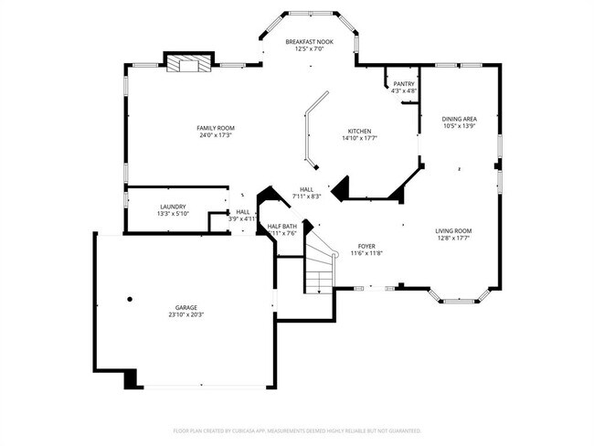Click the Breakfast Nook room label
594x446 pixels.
tap(309, 42)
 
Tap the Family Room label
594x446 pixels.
tap(217, 128)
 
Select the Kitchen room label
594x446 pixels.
tap(358, 132)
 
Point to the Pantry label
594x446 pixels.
tap(403, 84)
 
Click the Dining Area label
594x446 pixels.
tap(458, 119)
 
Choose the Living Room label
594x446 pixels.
tap(452, 231)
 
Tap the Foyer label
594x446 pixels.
tap(366, 246)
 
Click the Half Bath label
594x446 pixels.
tap(281, 226)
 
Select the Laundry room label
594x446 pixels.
tap(173, 207)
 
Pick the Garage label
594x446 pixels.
tap(186, 307)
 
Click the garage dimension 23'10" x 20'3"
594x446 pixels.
tap(186, 315)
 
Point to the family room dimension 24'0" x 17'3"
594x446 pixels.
tap(217, 136)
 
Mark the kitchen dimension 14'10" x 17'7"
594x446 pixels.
tap(358, 139)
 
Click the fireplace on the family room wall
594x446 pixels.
tap(188, 63)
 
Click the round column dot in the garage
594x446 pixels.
tap(130, 299)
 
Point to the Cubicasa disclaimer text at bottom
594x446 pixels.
tap(297, 430)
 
